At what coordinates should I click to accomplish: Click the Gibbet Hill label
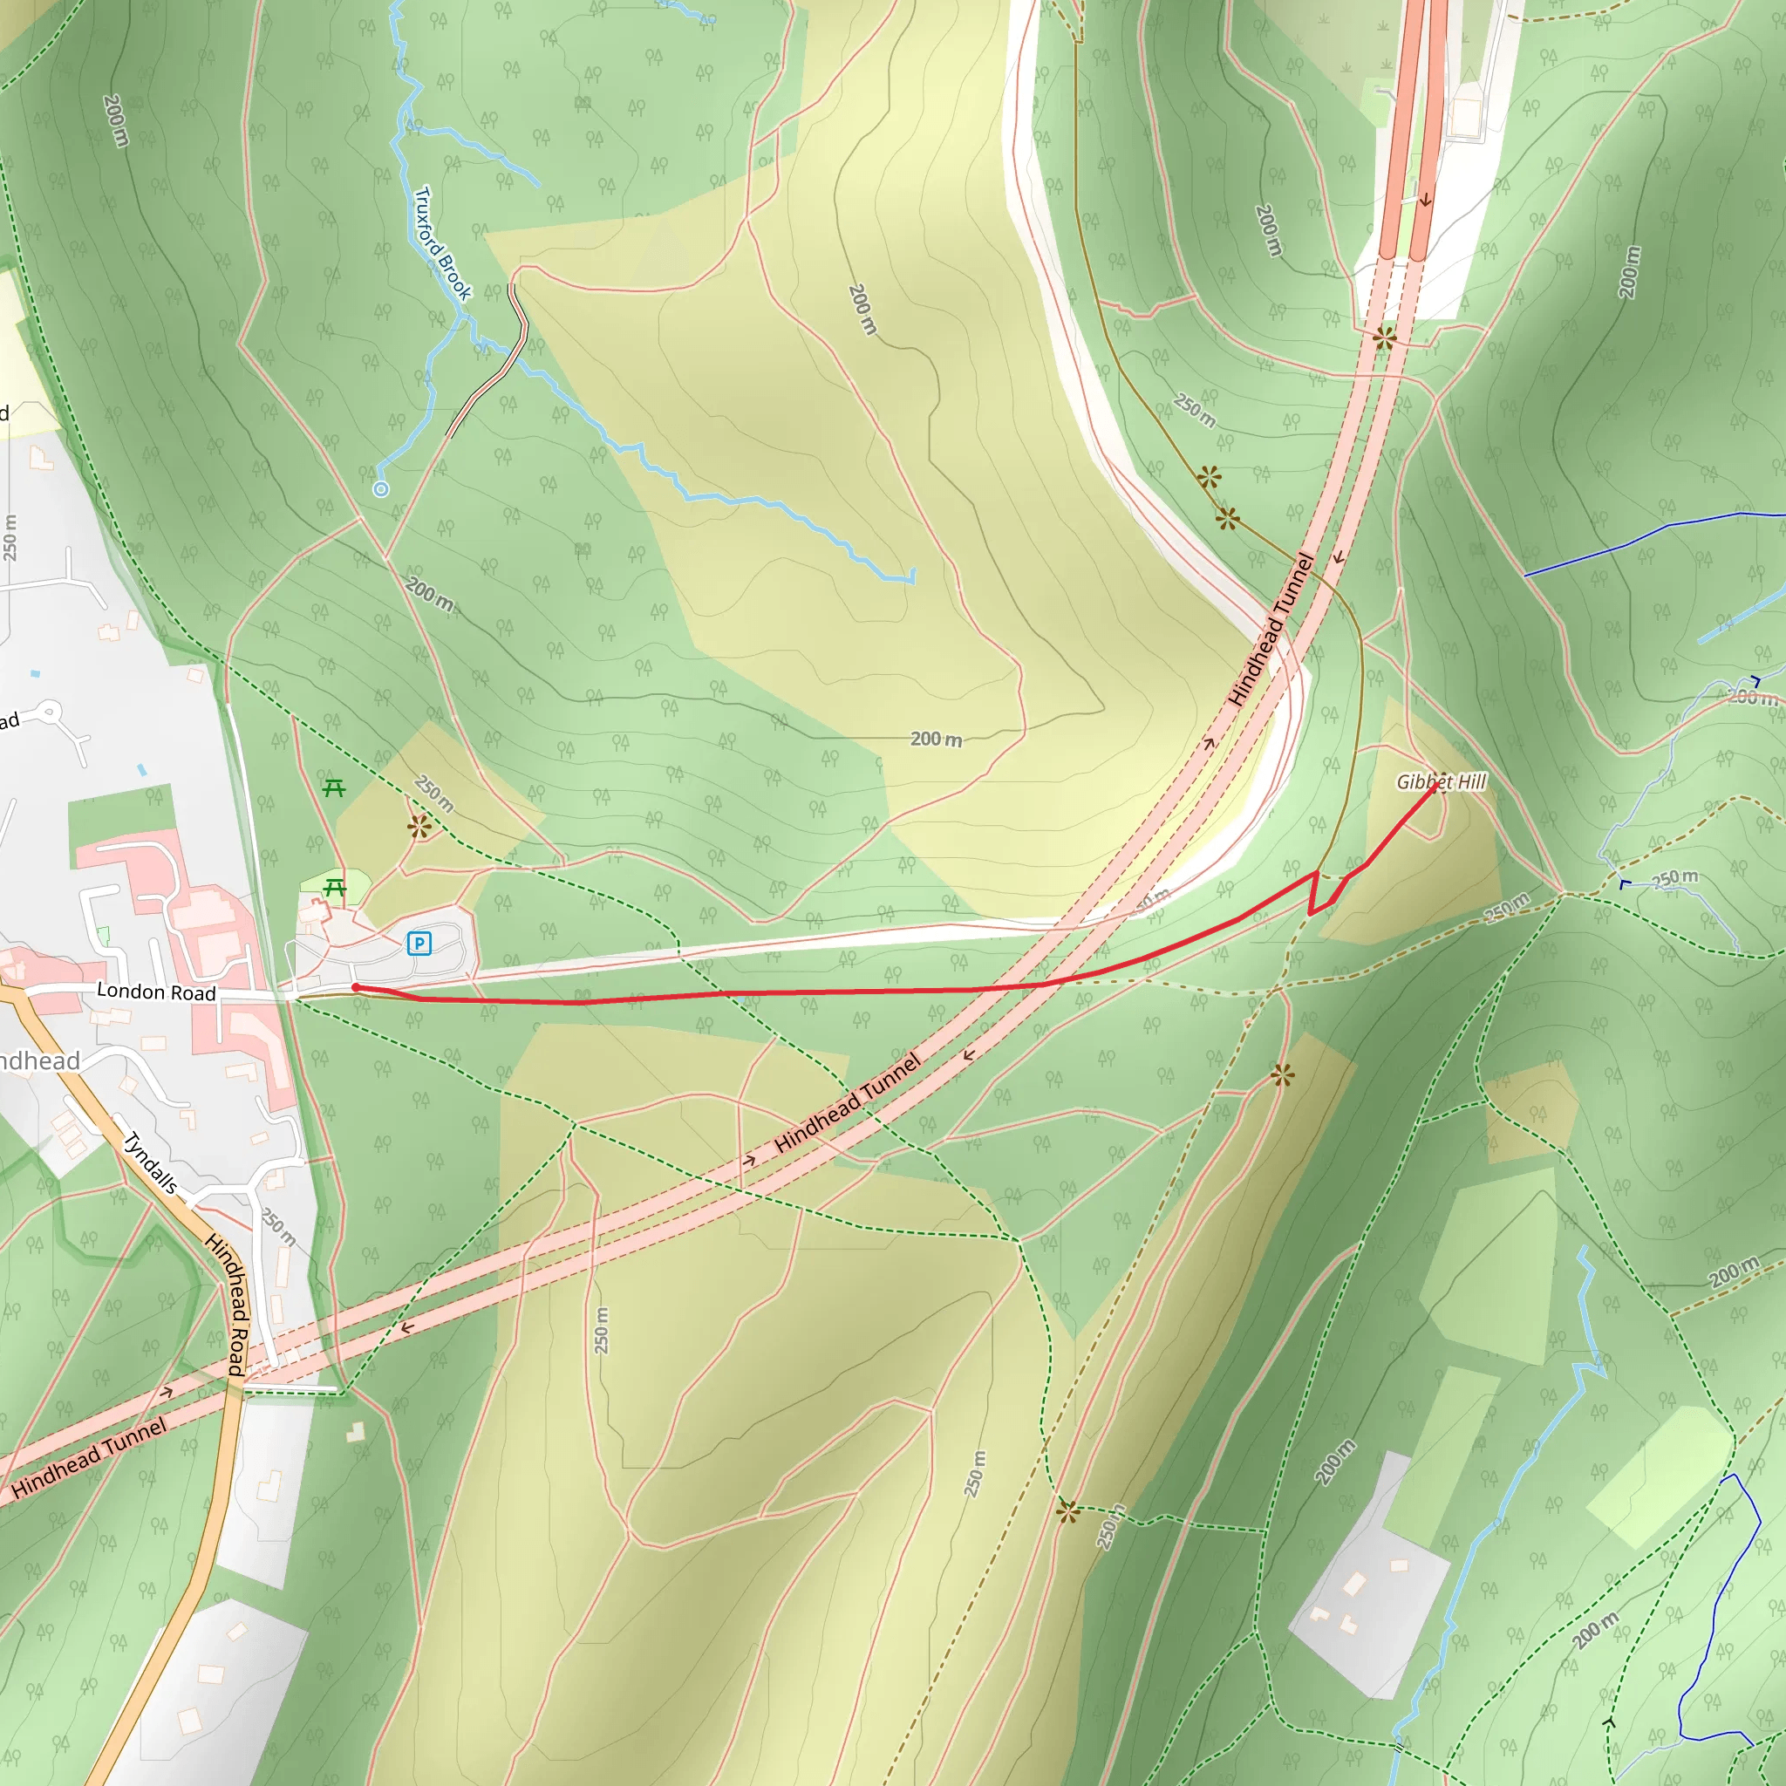point(1441,782)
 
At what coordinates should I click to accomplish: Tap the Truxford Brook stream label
point(443,244)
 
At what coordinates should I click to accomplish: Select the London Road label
point(156,992)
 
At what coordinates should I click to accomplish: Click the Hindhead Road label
point(227,1304)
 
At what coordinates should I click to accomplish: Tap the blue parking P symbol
point(419,943)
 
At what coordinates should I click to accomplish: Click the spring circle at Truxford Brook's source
point(381,489)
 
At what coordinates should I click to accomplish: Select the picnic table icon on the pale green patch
point(335,889)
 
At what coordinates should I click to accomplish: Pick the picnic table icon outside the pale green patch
point(334,787)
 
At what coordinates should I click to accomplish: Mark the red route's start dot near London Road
point(355,987)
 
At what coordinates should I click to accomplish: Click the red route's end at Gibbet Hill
point(1435,786)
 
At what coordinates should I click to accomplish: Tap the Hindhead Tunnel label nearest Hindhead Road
point(90,1457)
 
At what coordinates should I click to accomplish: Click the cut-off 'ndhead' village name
point(39,1060)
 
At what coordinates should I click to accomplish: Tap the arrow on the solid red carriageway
point(1426,200)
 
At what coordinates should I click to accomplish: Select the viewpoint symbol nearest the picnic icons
point(419,826)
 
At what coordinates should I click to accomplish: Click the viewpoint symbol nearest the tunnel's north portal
point(1384,337)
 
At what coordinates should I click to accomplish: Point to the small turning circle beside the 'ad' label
point(49,712)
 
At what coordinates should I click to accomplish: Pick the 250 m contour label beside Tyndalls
point(278,1227)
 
